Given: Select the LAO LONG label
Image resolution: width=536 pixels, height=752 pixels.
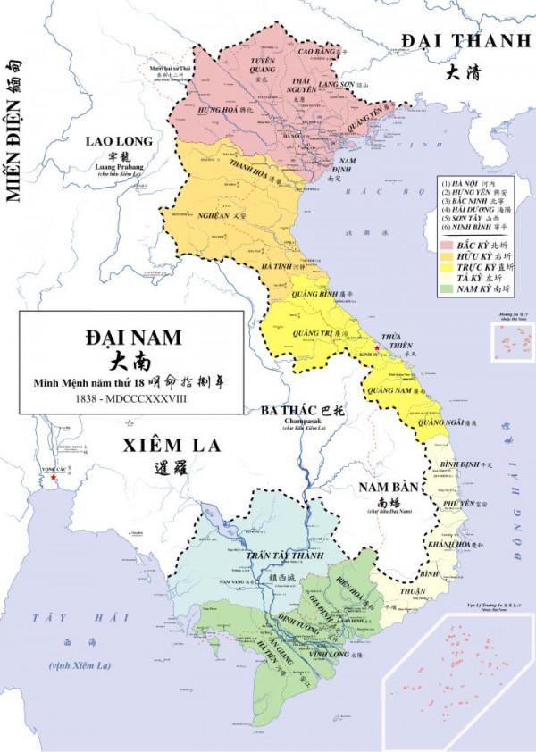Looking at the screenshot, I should click(x=117, y=141).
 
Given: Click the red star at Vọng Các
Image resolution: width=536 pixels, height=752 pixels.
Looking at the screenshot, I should click(x=55, y=478).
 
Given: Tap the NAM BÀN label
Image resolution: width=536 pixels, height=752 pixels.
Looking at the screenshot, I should click(x=384, y=487).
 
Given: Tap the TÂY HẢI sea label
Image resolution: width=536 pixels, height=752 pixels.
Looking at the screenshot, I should click(x=54, y=617).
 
